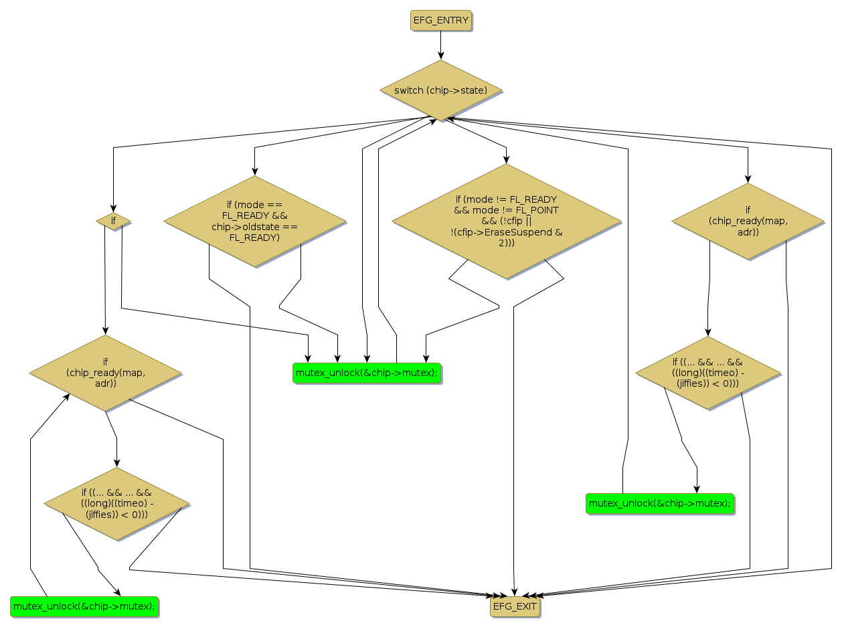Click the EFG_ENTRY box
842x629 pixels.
(440, 20)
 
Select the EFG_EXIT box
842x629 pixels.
(514, 607)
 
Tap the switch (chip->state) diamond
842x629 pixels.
(440, 90)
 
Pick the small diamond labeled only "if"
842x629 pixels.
(113, 220)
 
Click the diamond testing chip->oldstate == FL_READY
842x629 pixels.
(254, 221)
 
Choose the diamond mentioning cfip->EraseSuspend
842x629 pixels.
(506, 220)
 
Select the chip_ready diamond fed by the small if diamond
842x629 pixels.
(105, 373)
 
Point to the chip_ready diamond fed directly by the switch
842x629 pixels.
(748, 221)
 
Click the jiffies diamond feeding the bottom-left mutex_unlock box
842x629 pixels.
(116, 504)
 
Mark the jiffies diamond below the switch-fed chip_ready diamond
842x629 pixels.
(707, 373)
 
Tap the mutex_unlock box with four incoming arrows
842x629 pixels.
(367, 373)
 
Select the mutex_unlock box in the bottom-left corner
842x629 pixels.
(84, 606)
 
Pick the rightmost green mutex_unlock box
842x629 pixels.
(659, 503)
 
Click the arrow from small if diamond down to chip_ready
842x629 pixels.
(105, 281)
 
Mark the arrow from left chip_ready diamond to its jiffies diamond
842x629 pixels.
(116, 442)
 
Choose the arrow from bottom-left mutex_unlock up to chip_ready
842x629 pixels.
(31, 509)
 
